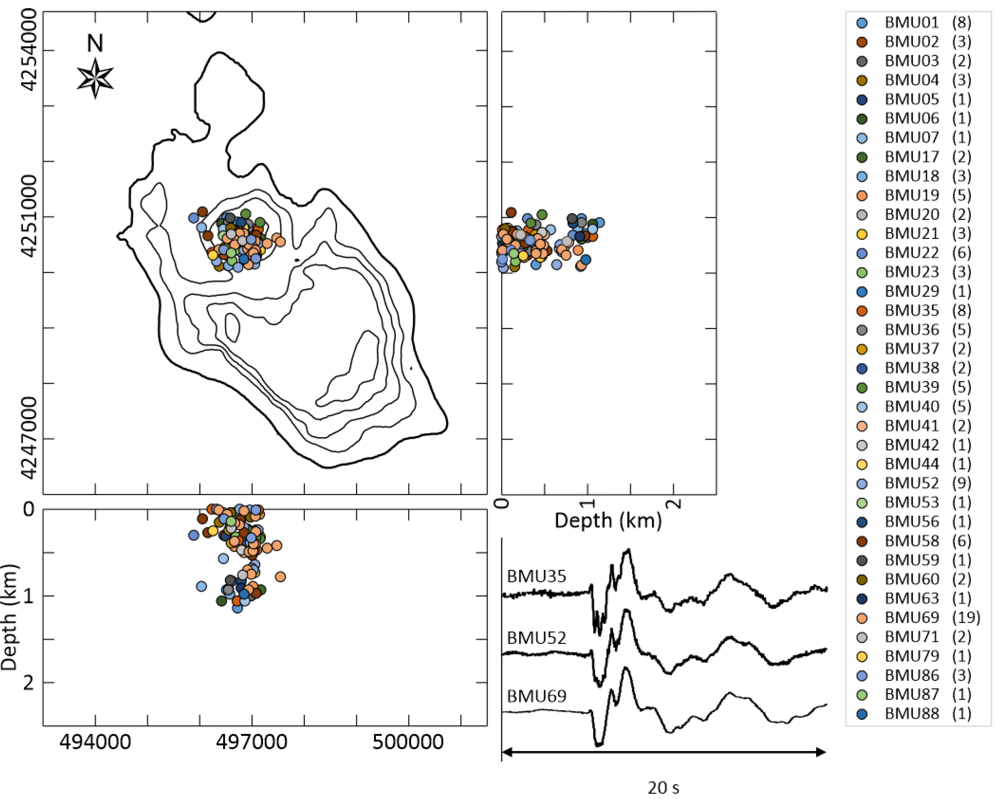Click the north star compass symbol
[x=95, y=78]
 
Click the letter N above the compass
[x=95, y=43]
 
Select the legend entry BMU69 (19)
[x=932, y=618]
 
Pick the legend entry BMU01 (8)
[x=928, y=23]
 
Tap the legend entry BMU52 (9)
[x=928, y=483]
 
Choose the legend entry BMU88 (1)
[x=928, y=713]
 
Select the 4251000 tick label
[x=29, y=216]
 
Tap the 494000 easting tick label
[x=95, y=742]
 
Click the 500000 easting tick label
[x=408, y=742]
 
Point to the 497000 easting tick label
[x=252, y=742]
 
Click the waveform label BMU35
[x=536, y=577]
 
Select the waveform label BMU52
[x=536, y=638]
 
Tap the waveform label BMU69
[x=536, y=696]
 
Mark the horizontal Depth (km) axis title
[x=608, y=521]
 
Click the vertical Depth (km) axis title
[x=9, y=617]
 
